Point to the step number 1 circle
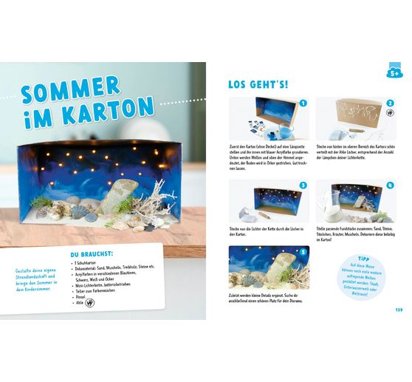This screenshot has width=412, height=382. click(302, 105)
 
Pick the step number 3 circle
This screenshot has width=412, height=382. click(302, 186)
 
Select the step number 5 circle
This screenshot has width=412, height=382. click(302, 252)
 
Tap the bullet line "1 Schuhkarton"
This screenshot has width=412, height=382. click(89, 264)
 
